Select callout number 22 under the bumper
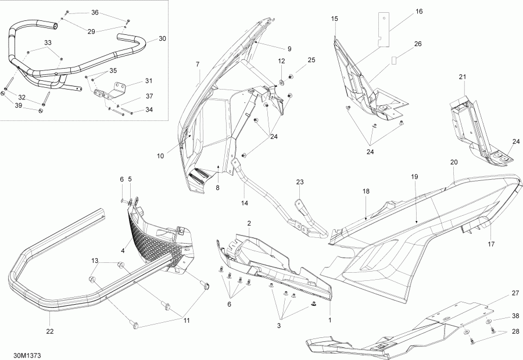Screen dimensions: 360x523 (50, 332)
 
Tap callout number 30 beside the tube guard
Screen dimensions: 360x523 (162, 39)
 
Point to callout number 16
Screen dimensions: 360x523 (419, 12)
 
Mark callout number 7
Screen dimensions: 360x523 (198, 63)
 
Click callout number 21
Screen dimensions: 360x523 (463, 77)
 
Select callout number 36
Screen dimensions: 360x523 (95, 12)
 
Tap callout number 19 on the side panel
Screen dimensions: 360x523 (415, 176)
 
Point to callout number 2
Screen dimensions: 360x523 (249, 223)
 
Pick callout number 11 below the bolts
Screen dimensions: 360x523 (187, 320)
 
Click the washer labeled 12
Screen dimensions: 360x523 (281, 81)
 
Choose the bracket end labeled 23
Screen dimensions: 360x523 (301, 208)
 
